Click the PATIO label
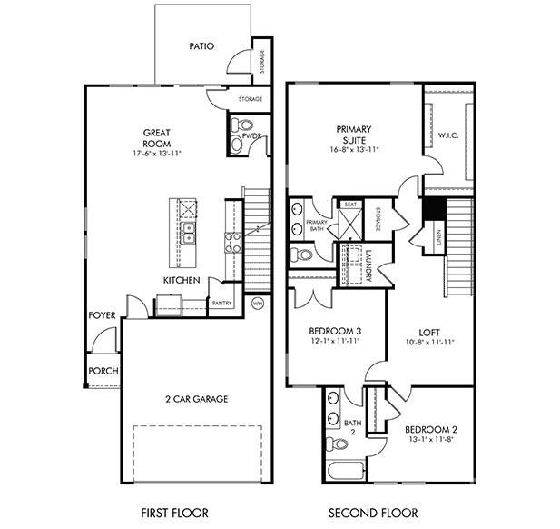tap(201, 45)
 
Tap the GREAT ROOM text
tap(156, 137)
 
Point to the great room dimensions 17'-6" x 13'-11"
tap(156, 154)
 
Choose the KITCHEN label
tap(182, 280)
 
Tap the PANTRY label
tap(222, 303)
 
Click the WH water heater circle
tap(257, 304)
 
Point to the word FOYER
tap(102, 315)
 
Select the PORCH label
tap(103, 371)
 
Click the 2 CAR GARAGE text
tap(196, 399)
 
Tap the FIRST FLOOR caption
tap(165, 511)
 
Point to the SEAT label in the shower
tap(350, 205)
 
